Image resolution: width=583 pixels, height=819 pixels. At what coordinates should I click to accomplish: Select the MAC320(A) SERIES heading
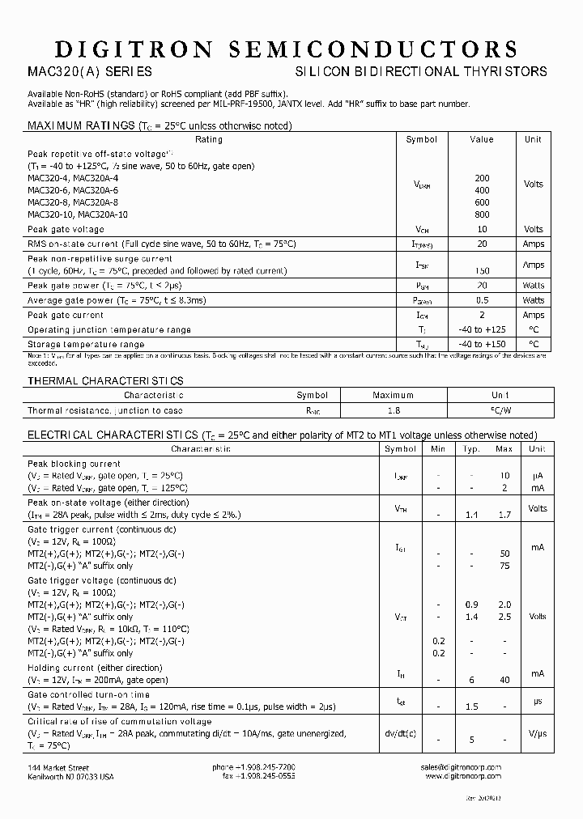click(90, 71)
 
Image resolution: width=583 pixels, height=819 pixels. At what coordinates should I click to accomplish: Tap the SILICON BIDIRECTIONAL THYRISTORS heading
click(421, 71)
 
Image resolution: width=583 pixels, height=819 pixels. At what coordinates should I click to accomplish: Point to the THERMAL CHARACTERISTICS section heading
click(106, 380)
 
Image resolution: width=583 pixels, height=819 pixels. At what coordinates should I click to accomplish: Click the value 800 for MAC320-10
click(482, 215)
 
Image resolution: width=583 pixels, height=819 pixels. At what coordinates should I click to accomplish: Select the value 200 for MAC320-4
click(482, 177)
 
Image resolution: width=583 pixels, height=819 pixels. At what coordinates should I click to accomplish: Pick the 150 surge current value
click(482, 271)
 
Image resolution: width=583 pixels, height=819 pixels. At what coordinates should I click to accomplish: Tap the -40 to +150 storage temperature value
click(482, 345)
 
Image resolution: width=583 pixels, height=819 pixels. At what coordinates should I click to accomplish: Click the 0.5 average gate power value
click(482, 300)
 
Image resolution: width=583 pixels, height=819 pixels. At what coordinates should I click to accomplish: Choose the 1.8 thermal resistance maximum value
click(393, 411)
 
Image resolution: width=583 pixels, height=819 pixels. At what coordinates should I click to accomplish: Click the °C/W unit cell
click(500, 411)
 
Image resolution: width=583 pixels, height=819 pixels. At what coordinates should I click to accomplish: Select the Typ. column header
click(471, 448)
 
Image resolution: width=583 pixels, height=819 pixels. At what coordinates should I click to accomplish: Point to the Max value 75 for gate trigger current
click(504, 567)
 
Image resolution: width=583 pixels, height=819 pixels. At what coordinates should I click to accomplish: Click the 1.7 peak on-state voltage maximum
click(504, 515)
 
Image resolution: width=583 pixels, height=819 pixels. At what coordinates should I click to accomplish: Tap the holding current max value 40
click(504, 681)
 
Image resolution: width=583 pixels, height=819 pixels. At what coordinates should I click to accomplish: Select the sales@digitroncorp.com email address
click(462, 767)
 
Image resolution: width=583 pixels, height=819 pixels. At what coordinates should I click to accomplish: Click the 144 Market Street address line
click(59, 767)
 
